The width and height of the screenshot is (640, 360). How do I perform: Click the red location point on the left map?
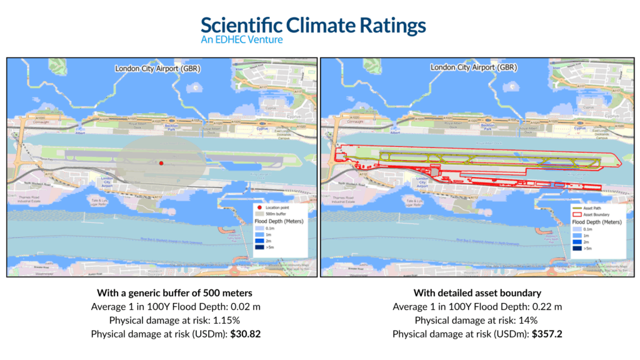tap(161, 163)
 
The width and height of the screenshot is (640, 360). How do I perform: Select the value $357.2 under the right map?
tap(547, 334)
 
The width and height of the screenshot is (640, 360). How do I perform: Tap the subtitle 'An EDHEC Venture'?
tap(241, 40)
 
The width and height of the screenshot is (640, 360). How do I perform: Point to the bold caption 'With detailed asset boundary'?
tap(477, 293)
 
